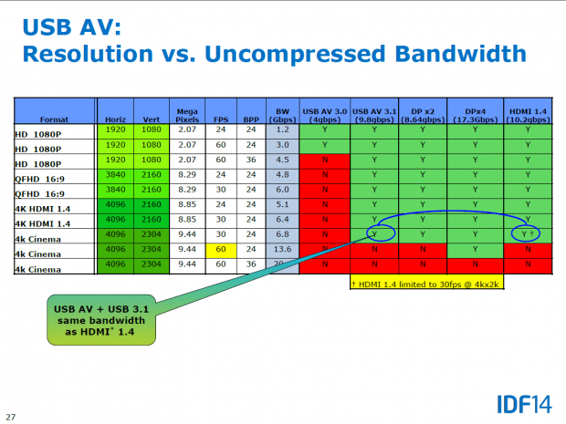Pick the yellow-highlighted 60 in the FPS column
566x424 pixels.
[220, 249]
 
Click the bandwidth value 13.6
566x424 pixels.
[283, 249]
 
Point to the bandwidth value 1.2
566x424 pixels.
[283, 130]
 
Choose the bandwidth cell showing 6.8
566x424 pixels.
[283, 233]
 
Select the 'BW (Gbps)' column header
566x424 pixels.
[282, 114]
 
